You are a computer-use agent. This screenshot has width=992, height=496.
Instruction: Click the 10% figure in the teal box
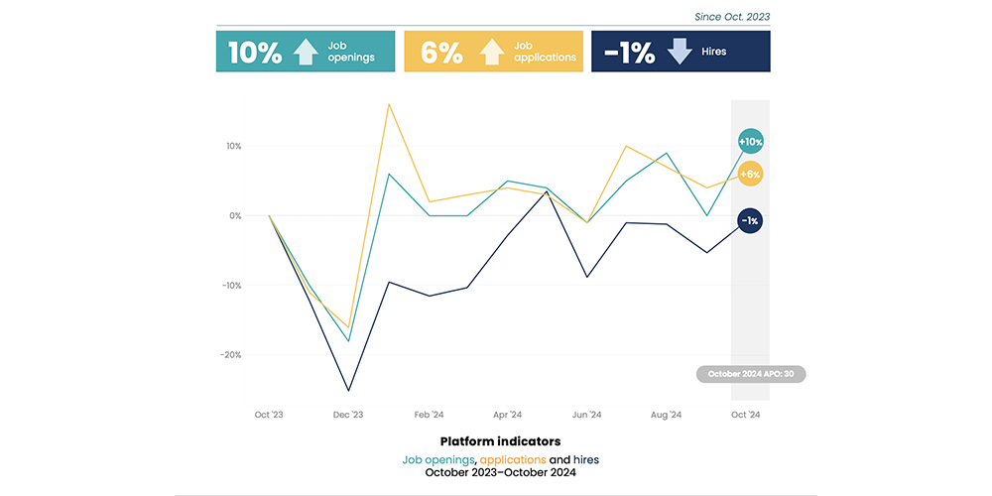255,53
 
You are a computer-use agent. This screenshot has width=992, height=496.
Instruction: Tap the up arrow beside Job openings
306,52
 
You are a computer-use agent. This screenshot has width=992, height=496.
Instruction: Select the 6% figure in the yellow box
441,53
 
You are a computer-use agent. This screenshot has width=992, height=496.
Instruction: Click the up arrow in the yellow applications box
492,52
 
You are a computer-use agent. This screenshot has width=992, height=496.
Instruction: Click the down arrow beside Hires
680,52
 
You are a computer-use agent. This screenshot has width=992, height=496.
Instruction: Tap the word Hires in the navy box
713,52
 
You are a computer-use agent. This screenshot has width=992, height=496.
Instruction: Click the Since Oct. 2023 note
733,16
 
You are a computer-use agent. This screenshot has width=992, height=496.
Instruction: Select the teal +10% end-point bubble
750,143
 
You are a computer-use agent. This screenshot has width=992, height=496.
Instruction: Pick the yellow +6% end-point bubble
750,175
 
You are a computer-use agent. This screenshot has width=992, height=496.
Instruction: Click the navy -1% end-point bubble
750,220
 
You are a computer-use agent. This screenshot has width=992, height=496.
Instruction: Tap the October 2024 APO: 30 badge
751,374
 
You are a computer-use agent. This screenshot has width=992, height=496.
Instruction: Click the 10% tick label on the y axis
233,146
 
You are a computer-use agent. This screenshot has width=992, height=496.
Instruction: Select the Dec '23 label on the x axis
348,415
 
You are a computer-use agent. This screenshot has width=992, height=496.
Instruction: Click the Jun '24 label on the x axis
587,415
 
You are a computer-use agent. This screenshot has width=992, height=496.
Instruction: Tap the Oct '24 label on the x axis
746,415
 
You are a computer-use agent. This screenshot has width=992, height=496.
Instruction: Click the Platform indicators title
500,440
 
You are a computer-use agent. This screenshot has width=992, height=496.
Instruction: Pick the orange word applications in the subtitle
513,459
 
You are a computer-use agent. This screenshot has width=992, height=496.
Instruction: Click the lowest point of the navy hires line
348,390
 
